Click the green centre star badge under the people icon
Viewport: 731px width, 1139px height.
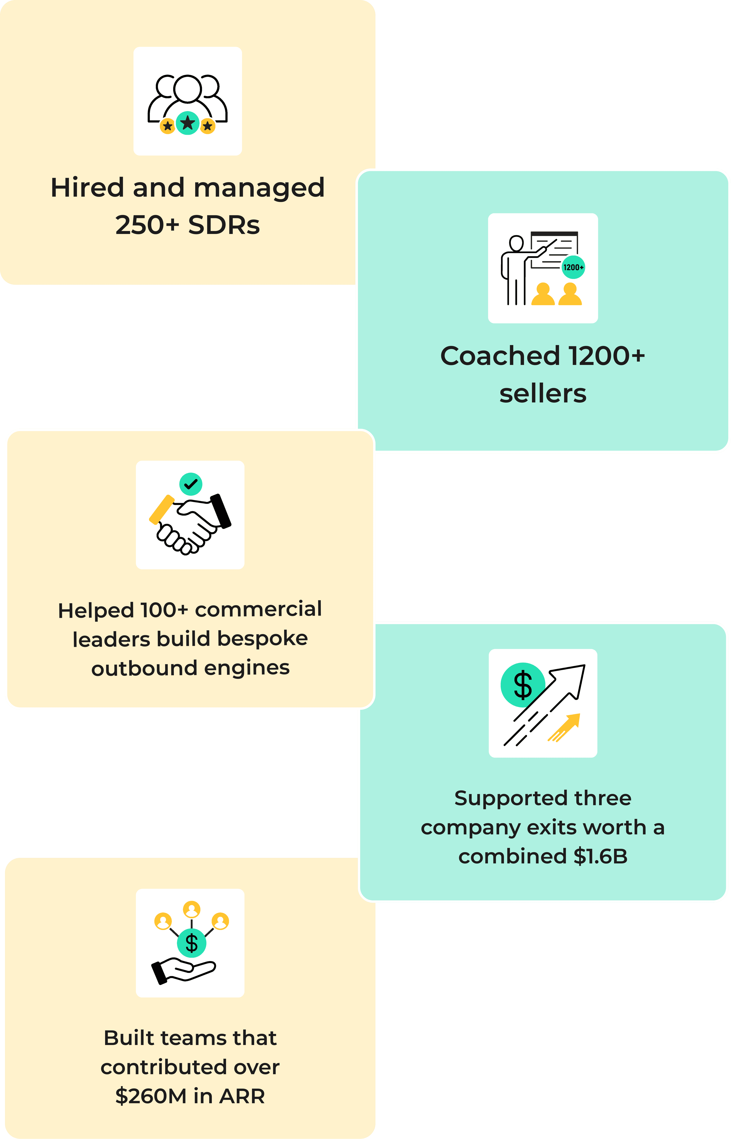(188, 123)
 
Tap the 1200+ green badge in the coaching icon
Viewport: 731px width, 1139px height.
(573, 267)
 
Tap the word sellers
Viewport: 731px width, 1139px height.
(543, 394)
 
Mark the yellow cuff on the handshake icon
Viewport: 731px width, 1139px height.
(161, 509)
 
